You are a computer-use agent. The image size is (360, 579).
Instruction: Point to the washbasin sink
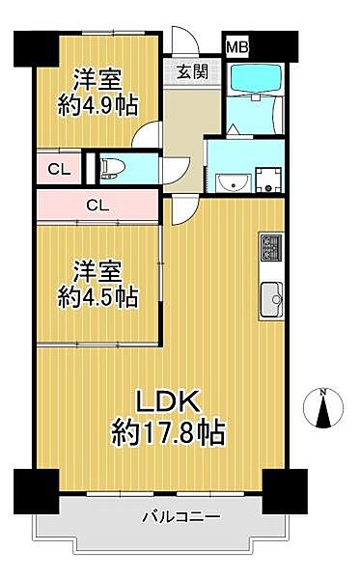click(231, 182)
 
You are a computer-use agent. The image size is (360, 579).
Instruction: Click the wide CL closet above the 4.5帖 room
click(96, 205)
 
